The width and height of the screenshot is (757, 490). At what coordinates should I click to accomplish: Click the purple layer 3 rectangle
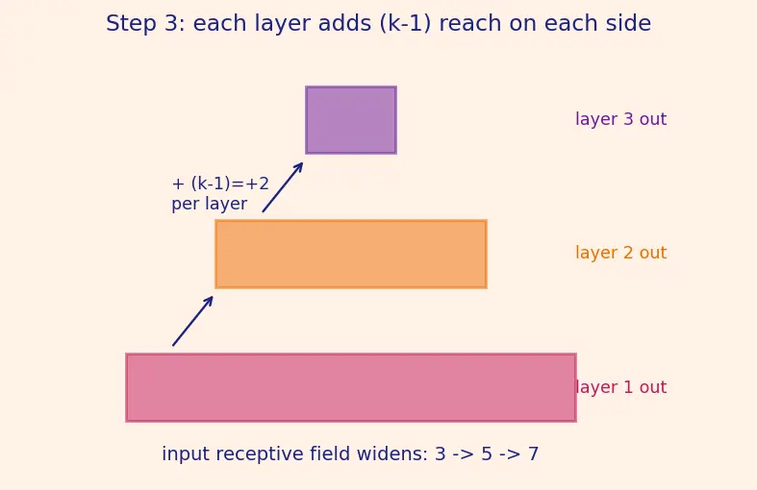click(x=351, y=120)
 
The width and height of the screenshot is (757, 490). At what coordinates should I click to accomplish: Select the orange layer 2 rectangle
click(x=351, y=255)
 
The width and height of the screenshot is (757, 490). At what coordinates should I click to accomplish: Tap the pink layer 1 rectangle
click(x=351, y=388)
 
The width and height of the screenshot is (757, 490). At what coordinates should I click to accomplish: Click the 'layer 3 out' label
click(x=620, y=119)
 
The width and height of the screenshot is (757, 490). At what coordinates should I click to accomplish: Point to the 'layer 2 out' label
click(x=620, y=253)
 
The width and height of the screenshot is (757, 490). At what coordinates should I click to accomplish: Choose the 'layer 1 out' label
click(x=620, y=387)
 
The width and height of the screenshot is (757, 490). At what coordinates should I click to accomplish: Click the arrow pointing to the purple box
click(x=283, y=187)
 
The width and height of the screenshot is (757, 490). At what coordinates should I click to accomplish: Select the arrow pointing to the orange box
click(x=192, y=321)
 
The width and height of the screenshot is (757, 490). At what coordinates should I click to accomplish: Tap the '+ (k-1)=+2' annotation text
click(x=220, y=184)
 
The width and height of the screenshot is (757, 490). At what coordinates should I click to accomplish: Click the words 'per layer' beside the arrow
click(x=209, y=204)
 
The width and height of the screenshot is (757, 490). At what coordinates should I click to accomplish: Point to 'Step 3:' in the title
click(x=145, y=24)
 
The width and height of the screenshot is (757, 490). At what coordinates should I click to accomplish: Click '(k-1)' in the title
click(x=405, y=24)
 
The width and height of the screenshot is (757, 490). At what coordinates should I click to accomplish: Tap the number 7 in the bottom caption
click(x=533, y=453)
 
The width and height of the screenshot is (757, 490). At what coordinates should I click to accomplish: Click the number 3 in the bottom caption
click(x=440, y=453)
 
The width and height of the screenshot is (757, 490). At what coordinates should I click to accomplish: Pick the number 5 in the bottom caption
click(x=487, y=453)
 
